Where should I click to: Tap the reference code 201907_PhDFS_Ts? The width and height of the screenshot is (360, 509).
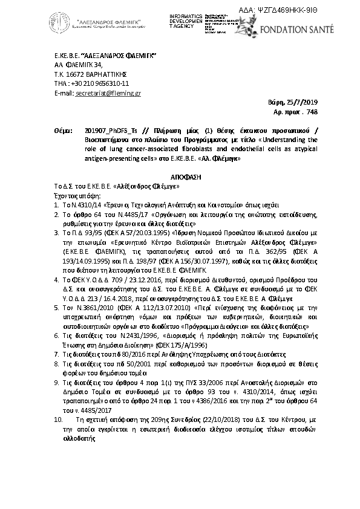tap(107, 131)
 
